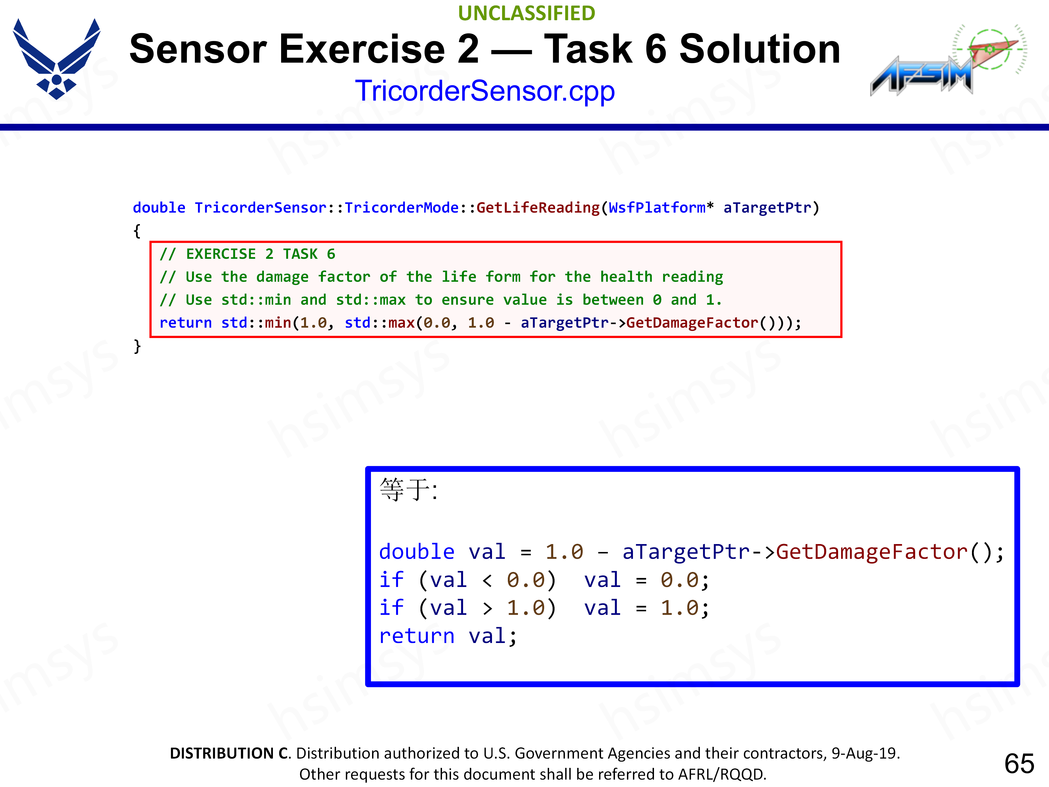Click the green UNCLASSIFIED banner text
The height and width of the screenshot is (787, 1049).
526,13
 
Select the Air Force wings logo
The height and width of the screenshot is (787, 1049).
57,59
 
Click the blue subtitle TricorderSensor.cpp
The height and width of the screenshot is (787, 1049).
485,91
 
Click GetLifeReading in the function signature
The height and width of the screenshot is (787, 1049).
538,207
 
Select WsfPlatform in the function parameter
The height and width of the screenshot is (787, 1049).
657,207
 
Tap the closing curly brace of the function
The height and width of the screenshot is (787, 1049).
137,346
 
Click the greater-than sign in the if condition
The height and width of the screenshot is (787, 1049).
487,609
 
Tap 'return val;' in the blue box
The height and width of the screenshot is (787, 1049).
448,636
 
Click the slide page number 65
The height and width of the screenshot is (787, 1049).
1019,763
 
